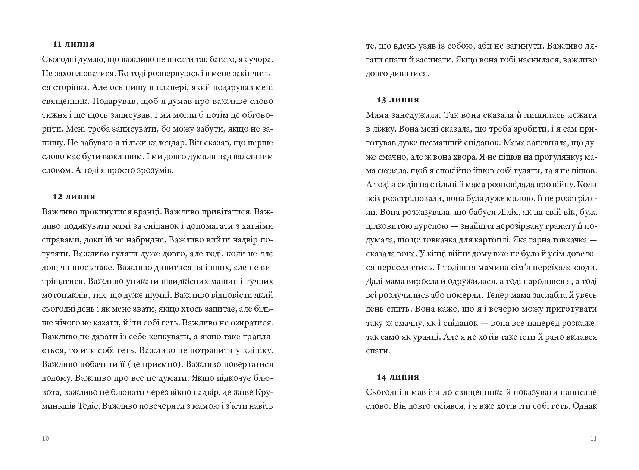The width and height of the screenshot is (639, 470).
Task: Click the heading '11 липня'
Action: [x=74, y=44]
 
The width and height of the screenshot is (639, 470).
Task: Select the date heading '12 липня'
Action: [x=74, y=197]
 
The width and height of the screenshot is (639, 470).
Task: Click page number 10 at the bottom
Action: [x=46, y=439]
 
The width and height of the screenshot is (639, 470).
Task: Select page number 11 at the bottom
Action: [x=594, y=439]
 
